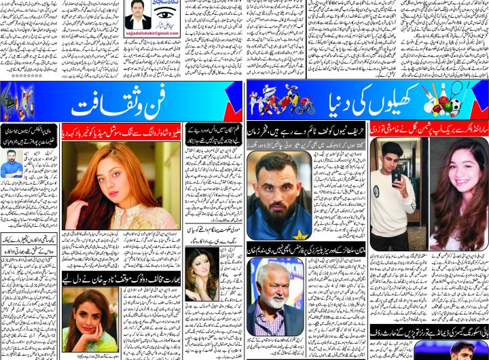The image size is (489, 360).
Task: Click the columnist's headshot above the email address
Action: [x=138, y=14]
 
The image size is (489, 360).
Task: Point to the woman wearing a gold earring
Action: [x=202, y=272]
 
